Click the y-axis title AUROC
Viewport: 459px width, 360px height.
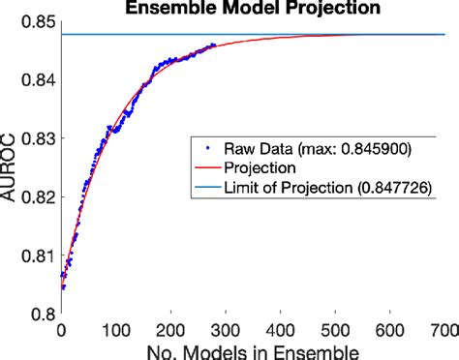pos(11,170)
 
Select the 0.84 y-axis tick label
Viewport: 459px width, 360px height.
pos(37,81)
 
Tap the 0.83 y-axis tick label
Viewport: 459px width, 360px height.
pos(37,139)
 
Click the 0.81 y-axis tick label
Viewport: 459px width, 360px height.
pos(37,255)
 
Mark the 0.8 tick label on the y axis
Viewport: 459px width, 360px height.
pos(43,314)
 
